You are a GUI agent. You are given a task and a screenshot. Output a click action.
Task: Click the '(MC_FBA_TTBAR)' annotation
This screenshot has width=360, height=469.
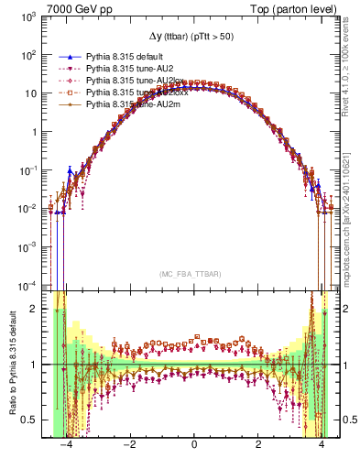coord(193,274)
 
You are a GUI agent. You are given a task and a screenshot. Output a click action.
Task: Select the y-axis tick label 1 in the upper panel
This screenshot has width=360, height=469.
coord(32,132)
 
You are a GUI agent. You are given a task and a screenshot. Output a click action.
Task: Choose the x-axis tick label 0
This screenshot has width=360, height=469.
coord(194,450)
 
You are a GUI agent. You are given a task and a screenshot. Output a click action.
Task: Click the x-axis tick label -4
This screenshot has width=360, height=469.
coord(65,450)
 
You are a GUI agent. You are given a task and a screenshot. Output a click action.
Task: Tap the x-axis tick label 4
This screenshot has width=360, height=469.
coord(322,450)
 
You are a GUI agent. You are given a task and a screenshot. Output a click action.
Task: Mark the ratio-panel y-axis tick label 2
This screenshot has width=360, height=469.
coord(35,309)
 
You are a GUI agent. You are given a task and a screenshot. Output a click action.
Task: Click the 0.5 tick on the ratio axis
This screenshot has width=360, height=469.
coord(29,420)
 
